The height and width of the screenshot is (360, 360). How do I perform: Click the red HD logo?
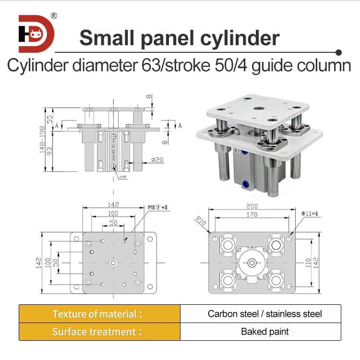[x=36, y=34]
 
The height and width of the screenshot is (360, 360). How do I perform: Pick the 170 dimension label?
[x=252, y=215]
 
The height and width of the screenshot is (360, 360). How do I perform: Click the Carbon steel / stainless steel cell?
[x=264, y=314]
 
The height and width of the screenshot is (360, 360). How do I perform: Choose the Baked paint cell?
[x=264, y=332]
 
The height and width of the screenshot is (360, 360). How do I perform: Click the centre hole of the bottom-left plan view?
[x=113, y=262]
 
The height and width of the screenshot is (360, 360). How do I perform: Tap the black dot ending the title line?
[x=338, y=51]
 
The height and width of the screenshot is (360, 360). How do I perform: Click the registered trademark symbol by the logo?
[x=54, y=15]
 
